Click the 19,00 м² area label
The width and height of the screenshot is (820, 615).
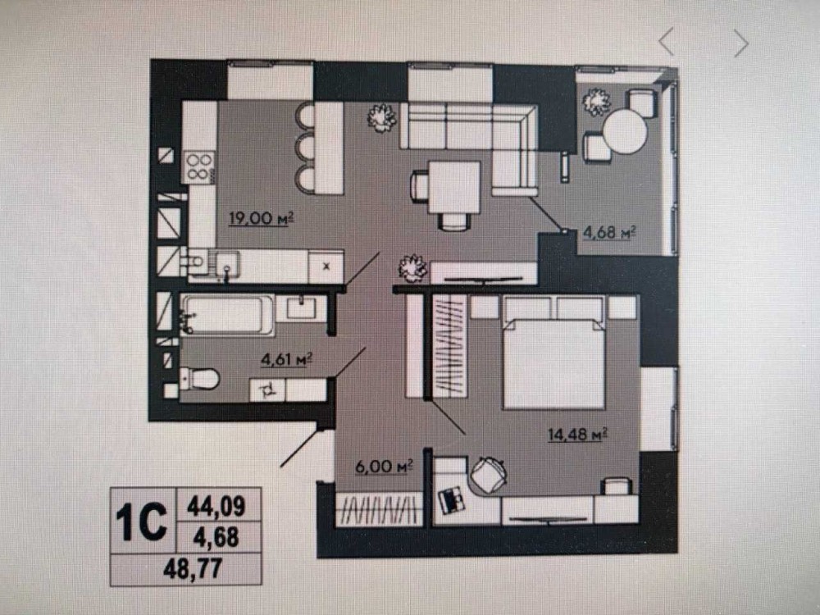pos(262,217)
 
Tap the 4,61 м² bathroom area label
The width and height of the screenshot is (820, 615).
pos(286,359)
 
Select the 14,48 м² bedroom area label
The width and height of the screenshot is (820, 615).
pos(577,434)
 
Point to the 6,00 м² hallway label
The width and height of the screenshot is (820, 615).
pos(384,467)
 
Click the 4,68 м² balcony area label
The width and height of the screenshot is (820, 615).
pos(609,232)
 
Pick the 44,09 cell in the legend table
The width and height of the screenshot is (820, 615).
pos(216,506)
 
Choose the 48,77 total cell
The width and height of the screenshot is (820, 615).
pos(193,568)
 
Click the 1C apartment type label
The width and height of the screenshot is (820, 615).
pos(141,521)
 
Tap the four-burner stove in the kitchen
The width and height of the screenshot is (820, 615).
pos(199,166)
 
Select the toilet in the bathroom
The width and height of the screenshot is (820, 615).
pos(199,378)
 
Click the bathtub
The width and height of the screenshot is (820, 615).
pos(227,315)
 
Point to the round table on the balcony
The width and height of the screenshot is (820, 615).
pos(625,130)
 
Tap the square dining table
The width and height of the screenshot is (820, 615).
pos(453,187)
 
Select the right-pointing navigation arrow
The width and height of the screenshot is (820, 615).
pos(741,43)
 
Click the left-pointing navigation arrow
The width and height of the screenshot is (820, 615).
pos(666,42)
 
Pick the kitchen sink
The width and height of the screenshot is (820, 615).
pos(227,263)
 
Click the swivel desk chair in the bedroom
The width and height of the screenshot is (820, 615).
pos(489,474)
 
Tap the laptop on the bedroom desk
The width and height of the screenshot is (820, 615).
pos(451,500)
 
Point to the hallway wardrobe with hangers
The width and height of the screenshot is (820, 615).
pos(379,509)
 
